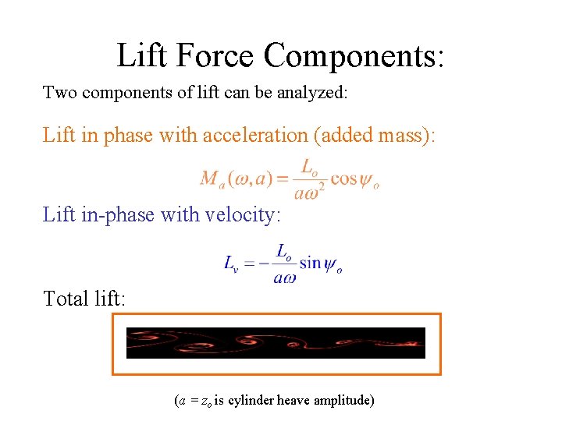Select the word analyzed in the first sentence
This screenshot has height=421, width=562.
(x=315, y=94)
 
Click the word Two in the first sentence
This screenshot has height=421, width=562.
(x=59, y=93)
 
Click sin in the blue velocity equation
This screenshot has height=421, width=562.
(x=310, y=262)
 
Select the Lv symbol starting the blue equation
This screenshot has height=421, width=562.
(x=231, y=264)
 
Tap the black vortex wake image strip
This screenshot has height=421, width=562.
(x=276, y=343)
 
